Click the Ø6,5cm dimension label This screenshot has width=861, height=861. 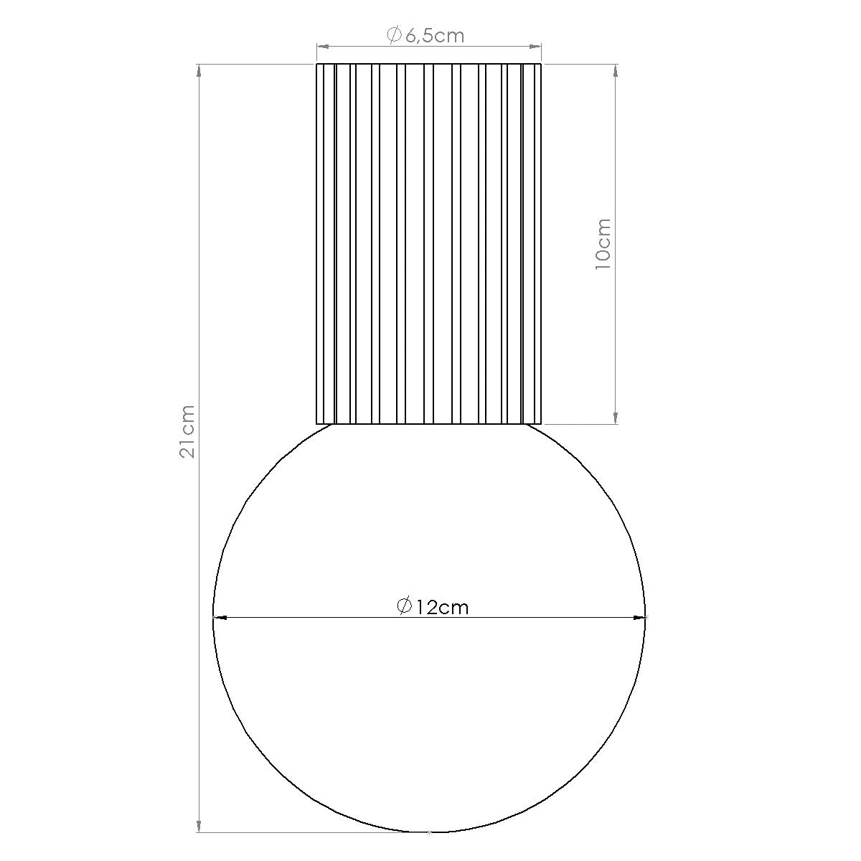426,34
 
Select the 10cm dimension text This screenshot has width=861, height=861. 603,244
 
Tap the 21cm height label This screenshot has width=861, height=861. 187,431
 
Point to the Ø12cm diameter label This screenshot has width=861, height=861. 433,607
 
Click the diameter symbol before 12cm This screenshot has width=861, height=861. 404,606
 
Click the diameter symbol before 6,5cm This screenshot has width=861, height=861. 394,34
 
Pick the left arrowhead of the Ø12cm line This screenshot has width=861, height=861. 220,616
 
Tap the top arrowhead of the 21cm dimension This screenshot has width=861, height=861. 199,70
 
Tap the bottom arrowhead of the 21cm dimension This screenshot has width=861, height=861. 199,826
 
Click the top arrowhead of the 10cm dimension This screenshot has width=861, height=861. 615,70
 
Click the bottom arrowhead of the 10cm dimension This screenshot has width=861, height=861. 615,418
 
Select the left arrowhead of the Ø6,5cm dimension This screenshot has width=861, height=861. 323,47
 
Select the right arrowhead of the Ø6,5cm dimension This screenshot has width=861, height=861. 535,47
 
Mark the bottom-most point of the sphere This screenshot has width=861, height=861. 429,832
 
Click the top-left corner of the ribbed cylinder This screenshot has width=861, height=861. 317,64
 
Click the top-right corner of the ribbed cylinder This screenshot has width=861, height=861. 541,64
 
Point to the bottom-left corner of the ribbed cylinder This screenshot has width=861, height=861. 317,423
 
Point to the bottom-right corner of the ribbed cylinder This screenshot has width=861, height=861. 541,423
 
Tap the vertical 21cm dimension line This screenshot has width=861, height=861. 199,287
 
